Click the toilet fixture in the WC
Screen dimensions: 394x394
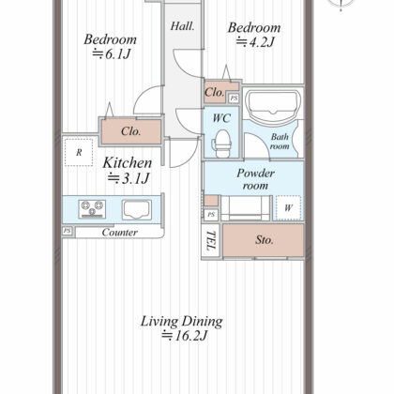coord(221,144)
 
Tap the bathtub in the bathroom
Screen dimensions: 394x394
coord(273,107)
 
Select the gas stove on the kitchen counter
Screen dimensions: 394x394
coord(92,209)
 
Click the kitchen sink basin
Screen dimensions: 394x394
coord(137,209)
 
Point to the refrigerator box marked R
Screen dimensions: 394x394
coord(79,152)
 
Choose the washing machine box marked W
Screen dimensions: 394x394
coord(288,207)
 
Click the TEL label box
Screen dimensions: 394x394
coord(211,241)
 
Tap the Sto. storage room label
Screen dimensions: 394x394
coord(265,240)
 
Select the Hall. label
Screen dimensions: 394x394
coord(183,26)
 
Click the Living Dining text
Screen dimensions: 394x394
coord(181,321)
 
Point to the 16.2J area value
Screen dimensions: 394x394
coord(185,336)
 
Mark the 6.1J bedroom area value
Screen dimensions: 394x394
coord(112,54)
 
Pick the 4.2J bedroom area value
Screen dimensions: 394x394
coord(255,41)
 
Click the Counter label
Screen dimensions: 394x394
coord(120,233)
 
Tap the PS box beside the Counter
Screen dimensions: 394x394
coord(68,231)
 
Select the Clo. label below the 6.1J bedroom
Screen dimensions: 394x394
coord(131,131)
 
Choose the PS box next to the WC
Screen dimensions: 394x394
coord(234,98)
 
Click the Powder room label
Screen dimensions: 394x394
coord(255,179)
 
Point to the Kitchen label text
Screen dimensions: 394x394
coord(128,162)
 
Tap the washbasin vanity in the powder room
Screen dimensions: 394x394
coord(245,208)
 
